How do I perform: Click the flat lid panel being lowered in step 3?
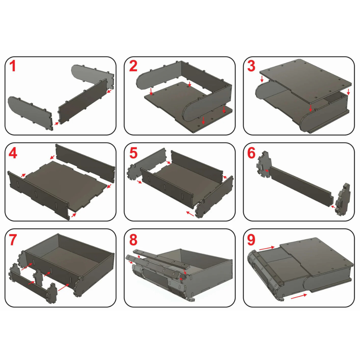(305, 82)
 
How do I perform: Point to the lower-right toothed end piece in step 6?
(342, 200)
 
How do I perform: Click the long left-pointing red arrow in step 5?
(190, 214)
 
